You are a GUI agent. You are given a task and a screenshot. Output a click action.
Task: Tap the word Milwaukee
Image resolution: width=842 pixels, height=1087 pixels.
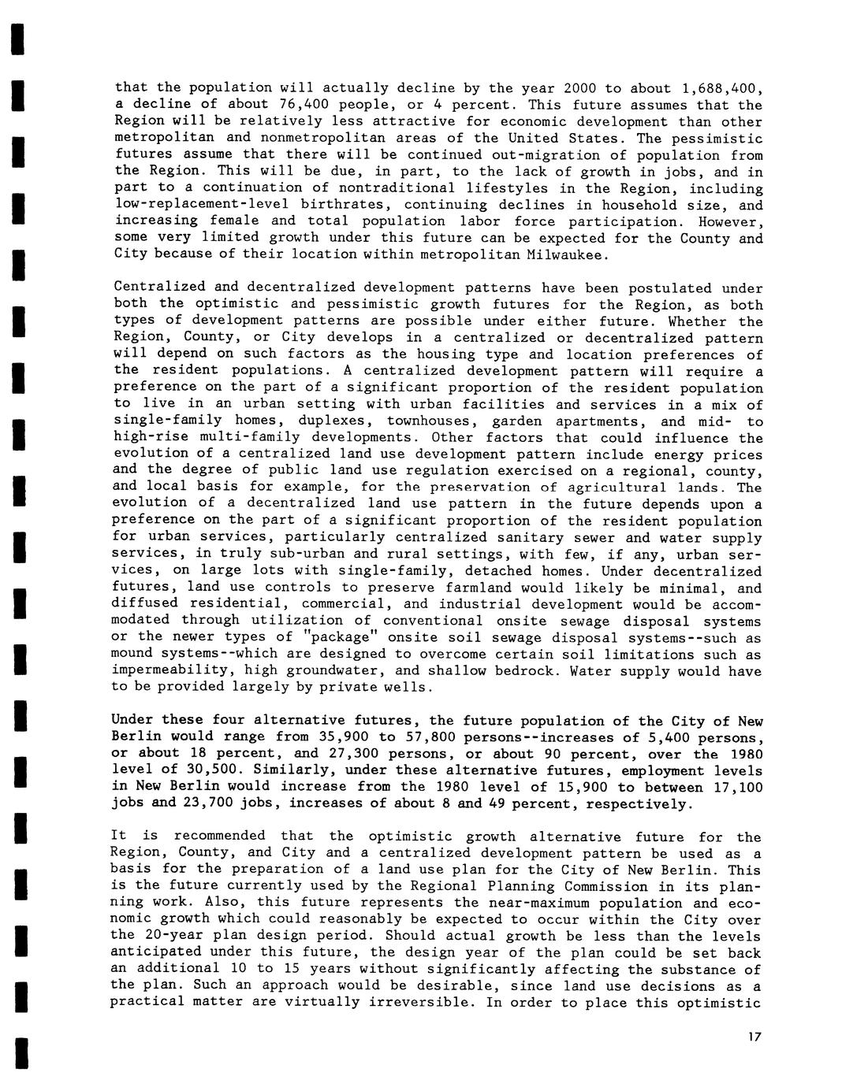(566, 254)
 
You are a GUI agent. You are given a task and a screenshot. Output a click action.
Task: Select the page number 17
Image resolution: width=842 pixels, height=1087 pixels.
(755, 1037)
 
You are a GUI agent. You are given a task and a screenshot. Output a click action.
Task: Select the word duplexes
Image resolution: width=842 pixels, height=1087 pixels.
(331, 421)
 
